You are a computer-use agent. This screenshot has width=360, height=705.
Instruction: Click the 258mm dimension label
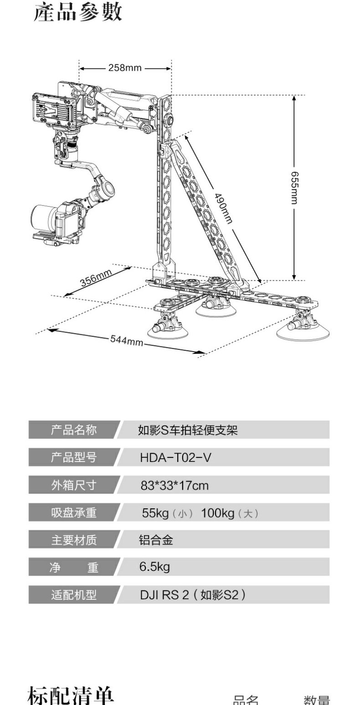pyautogui.click(x=125, y=68)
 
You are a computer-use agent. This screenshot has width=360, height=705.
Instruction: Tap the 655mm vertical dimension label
pyautogui.click(x=295, y=187)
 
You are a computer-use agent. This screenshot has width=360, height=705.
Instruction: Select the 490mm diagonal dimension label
pyautogui.click(x=223, y=208)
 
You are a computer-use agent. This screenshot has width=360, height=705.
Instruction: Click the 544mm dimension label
pyautogui.click(x=126, y=340)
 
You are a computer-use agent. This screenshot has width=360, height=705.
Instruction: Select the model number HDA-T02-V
pyautogui.click(x=175, y=457)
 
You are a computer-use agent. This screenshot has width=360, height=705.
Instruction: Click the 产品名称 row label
pyautogui.click(x=73, y=430)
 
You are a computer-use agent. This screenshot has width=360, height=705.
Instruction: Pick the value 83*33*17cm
pyautogui.click(x=175, y=485)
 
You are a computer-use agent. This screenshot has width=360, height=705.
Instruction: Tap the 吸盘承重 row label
pyautogui.click(x=73, y=512)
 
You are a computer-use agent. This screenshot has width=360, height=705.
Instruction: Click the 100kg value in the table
pyautogui.click(x=218, y=513)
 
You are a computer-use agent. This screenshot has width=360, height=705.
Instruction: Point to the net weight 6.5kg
pyautogui.click(x=154, y=567)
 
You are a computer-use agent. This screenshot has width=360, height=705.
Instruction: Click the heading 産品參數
pyautogui.click(x=78, y=12)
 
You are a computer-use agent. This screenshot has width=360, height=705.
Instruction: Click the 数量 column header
pyautogui.click(x=317, y=700)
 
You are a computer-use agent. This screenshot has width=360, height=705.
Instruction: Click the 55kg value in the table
pyautogui.click(x=156, y=513)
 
